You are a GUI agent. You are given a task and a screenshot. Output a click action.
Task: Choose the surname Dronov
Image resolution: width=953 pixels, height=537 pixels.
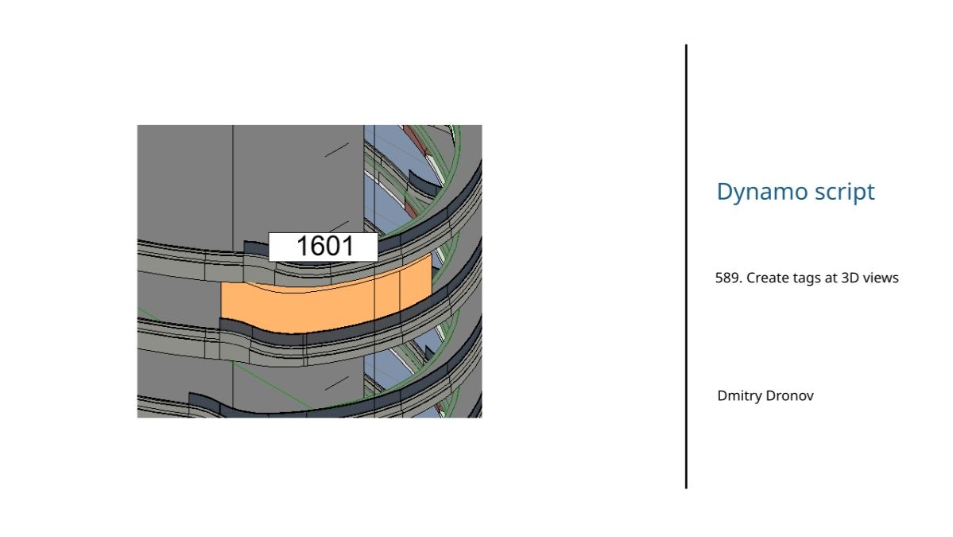click(x=789, y=396)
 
